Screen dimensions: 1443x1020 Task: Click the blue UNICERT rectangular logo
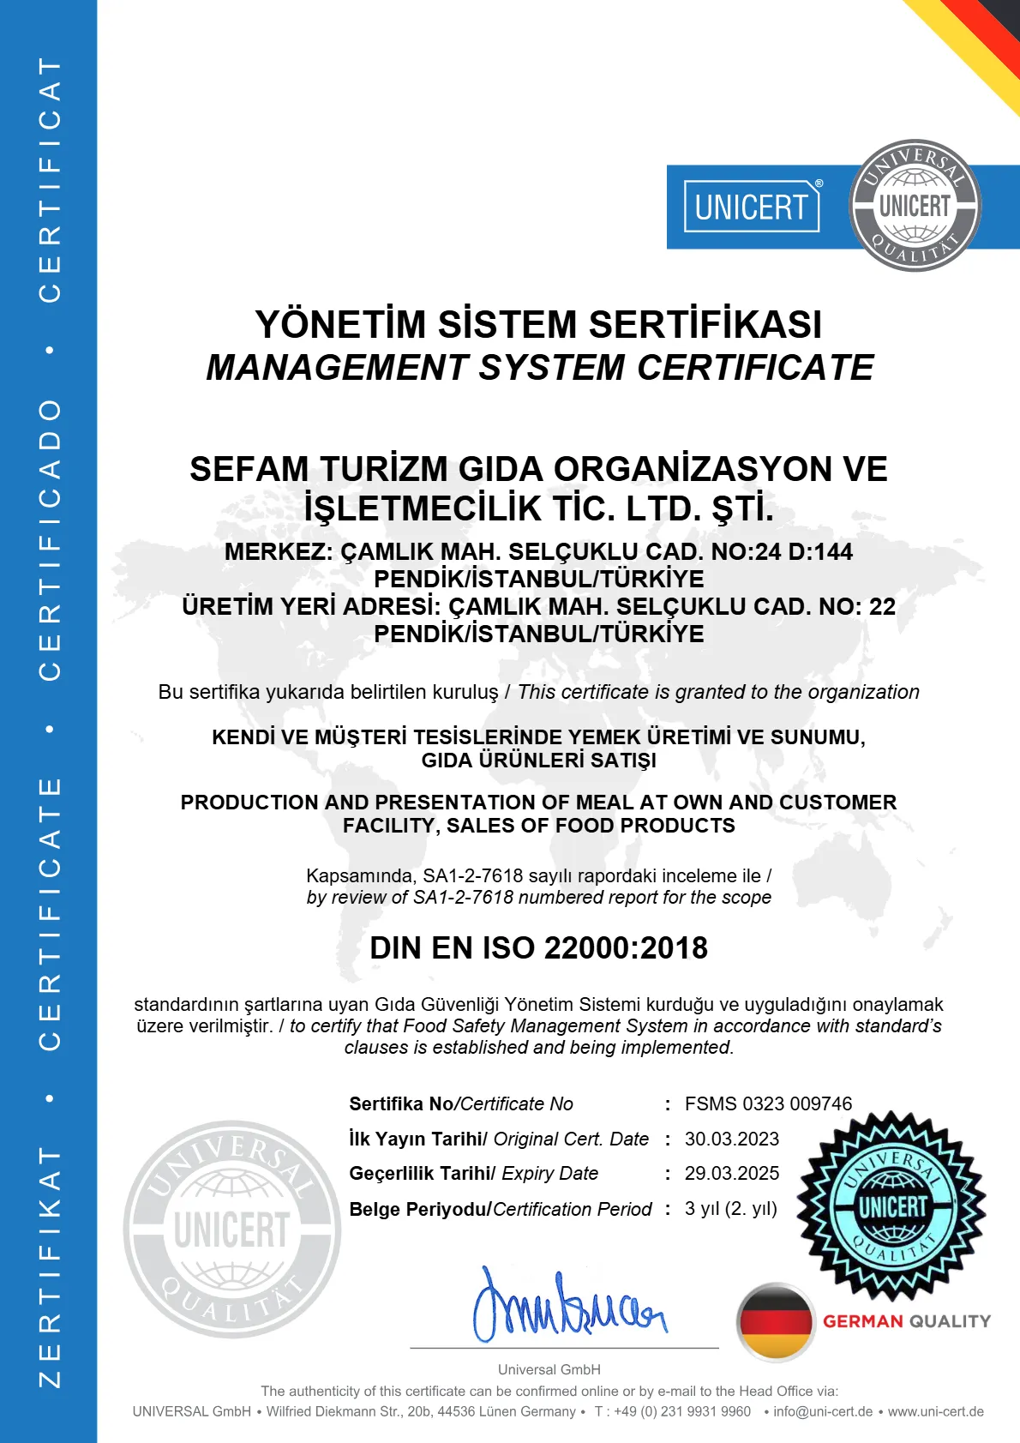752,207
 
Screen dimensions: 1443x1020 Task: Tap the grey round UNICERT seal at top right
915,206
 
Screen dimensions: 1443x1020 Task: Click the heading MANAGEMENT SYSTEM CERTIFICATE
540,368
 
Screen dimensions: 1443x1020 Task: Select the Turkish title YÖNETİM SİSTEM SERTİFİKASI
538,324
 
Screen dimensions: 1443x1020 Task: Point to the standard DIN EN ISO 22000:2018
538,947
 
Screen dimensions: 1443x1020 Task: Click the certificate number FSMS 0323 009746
768,1103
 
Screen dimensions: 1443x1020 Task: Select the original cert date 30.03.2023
731,1139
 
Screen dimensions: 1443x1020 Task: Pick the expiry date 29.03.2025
731,1173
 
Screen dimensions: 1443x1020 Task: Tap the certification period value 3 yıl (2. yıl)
730,1209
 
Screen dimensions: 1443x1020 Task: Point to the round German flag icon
775,1321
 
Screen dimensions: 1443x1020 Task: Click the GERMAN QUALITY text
906,1321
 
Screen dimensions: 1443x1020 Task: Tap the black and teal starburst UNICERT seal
891,1206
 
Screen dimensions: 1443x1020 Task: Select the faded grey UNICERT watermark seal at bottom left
231,1229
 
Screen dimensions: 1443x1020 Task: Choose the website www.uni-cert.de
935,1411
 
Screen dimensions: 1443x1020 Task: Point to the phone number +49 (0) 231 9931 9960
681,1411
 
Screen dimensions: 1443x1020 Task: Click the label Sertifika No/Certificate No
461,1103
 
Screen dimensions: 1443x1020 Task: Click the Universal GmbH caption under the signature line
549,1369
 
